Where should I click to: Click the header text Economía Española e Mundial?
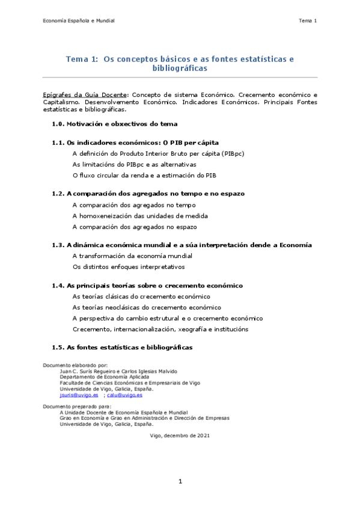coord(79,21)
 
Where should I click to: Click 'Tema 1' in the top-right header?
coord(307,21)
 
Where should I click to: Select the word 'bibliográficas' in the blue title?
coord(180,69)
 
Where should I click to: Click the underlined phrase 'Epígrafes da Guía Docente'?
coord(85,95)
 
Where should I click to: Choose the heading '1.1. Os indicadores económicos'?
coord(135,143)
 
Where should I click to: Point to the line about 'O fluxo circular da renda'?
coord(144,175)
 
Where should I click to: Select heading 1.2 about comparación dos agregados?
coord(148,194)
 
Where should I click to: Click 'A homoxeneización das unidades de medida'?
coord(140,216)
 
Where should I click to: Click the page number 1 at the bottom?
coord(180,482)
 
